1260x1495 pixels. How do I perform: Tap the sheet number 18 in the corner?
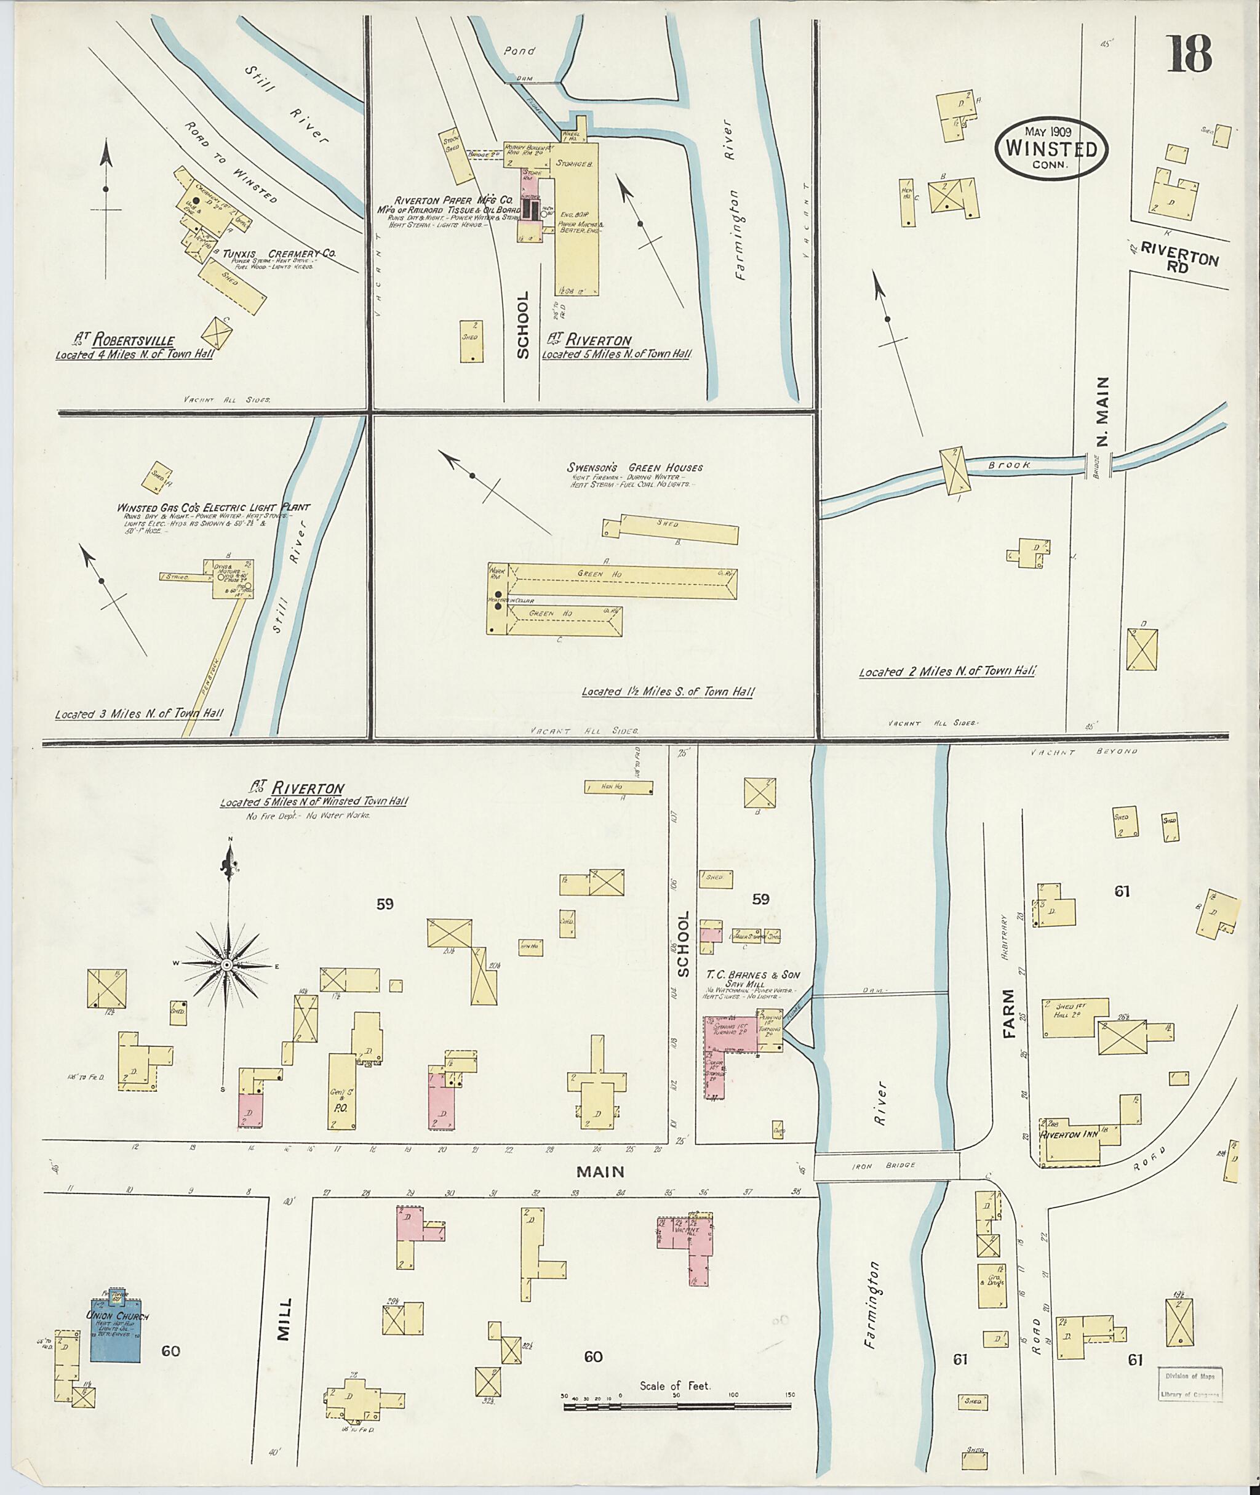(x=1189, y=55)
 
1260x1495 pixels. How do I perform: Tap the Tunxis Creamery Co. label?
(x=279, y=254)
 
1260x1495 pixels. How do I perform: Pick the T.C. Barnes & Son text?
(x=753, y=975)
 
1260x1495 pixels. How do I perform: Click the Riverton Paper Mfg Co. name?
(x=455, y=200)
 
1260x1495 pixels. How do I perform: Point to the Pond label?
(x=519, y=52)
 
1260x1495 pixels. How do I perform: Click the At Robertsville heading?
(x=126, y=340)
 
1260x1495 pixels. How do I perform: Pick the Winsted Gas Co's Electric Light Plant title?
(x=213, y=507)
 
